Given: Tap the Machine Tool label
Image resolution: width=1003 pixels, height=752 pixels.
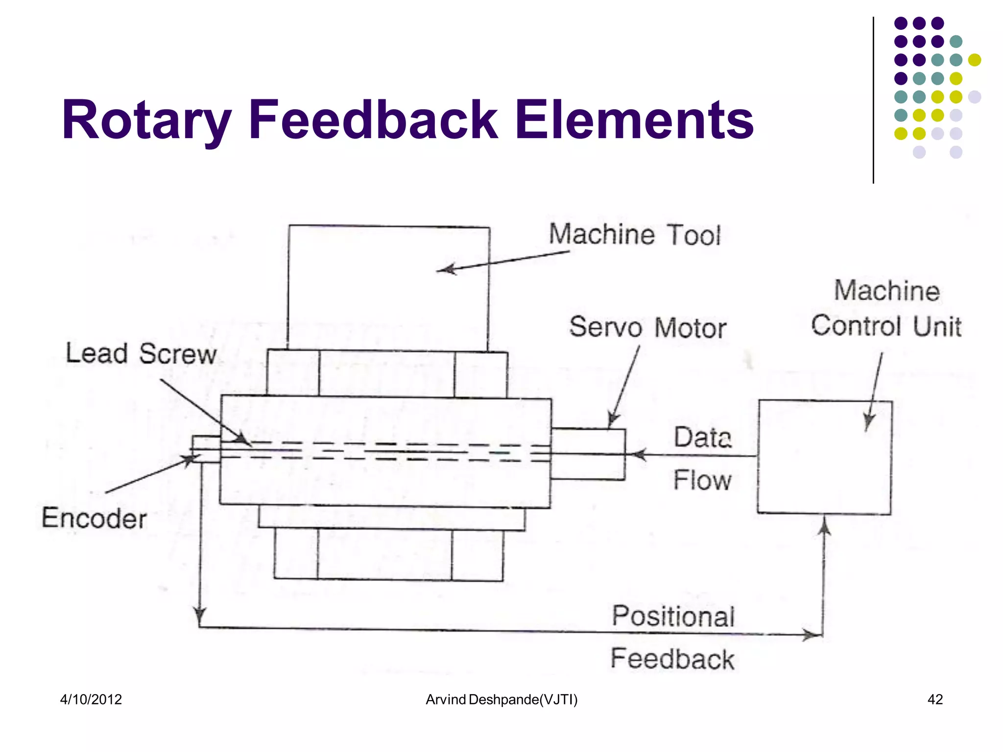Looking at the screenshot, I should [634, 235].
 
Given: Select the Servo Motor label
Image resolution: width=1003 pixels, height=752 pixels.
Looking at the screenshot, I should [647, 328].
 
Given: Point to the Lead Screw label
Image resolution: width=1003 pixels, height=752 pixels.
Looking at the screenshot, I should [141, 353].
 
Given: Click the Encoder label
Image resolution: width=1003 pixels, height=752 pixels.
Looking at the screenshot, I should [94, 518].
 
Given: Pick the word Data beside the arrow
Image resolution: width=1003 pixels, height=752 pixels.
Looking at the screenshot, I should [702, 437].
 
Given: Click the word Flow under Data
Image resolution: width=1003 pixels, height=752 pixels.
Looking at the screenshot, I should [702, 480].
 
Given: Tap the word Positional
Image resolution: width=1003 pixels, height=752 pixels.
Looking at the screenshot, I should [673, 616].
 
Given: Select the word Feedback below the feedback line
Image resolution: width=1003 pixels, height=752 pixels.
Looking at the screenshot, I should [672, 659].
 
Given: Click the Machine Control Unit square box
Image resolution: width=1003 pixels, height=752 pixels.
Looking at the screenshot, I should [824, 457].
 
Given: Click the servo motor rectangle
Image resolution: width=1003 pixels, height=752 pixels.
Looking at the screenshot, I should [588, 454].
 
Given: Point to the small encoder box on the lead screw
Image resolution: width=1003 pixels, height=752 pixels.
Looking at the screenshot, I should [206, 449].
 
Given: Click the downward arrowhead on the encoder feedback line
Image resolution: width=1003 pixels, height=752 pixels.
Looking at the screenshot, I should [199, 616].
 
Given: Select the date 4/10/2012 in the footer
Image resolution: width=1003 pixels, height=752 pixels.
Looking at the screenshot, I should [91, 700].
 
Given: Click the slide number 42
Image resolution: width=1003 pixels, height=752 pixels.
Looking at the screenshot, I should [935, 700].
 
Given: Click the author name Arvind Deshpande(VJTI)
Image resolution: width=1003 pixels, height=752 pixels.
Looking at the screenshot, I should [501, 700].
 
